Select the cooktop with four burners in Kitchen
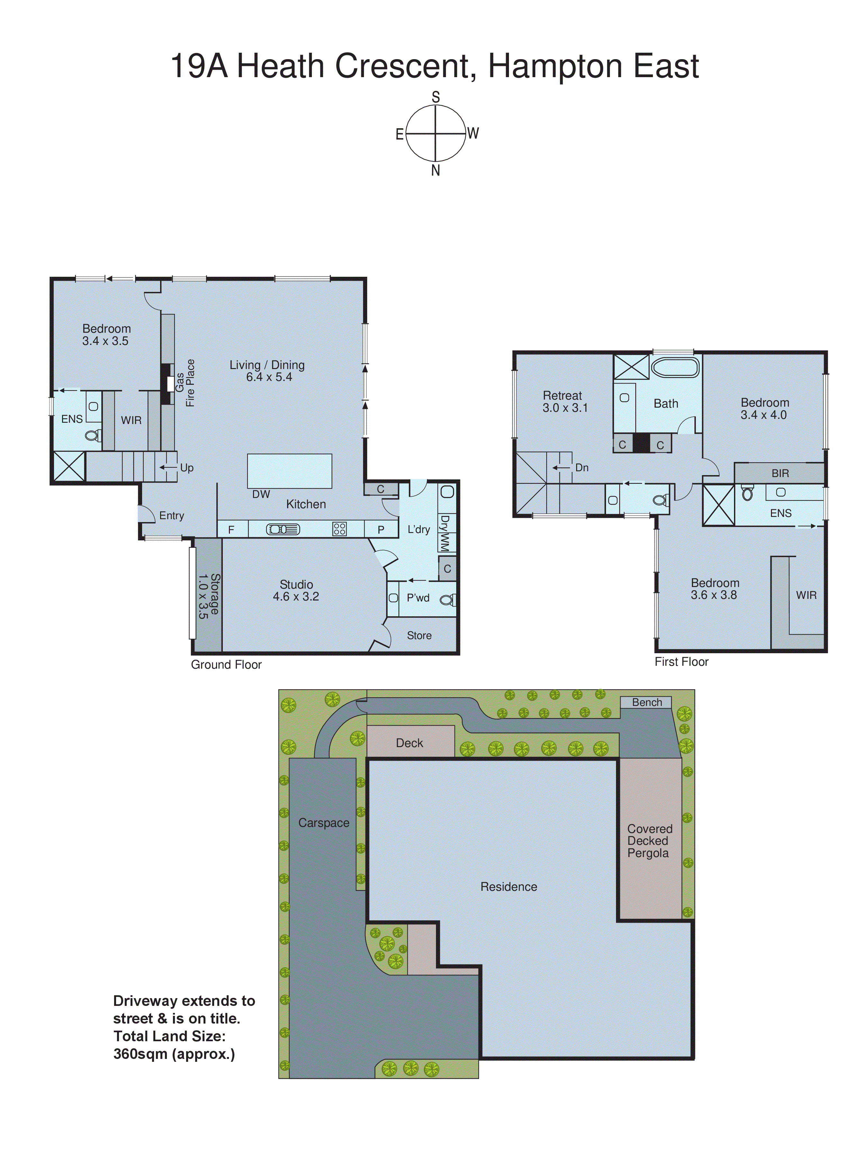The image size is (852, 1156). [x=340, y=528]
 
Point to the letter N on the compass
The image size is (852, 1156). [x=435, y=171]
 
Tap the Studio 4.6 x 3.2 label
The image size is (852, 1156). [x=296, y=590]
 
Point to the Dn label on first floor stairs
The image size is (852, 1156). [x=582, y=468]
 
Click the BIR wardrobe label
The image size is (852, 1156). [x=780, y=473]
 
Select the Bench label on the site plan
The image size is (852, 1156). [x=647, y=702]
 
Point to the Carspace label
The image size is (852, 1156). [x=323, y=823]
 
